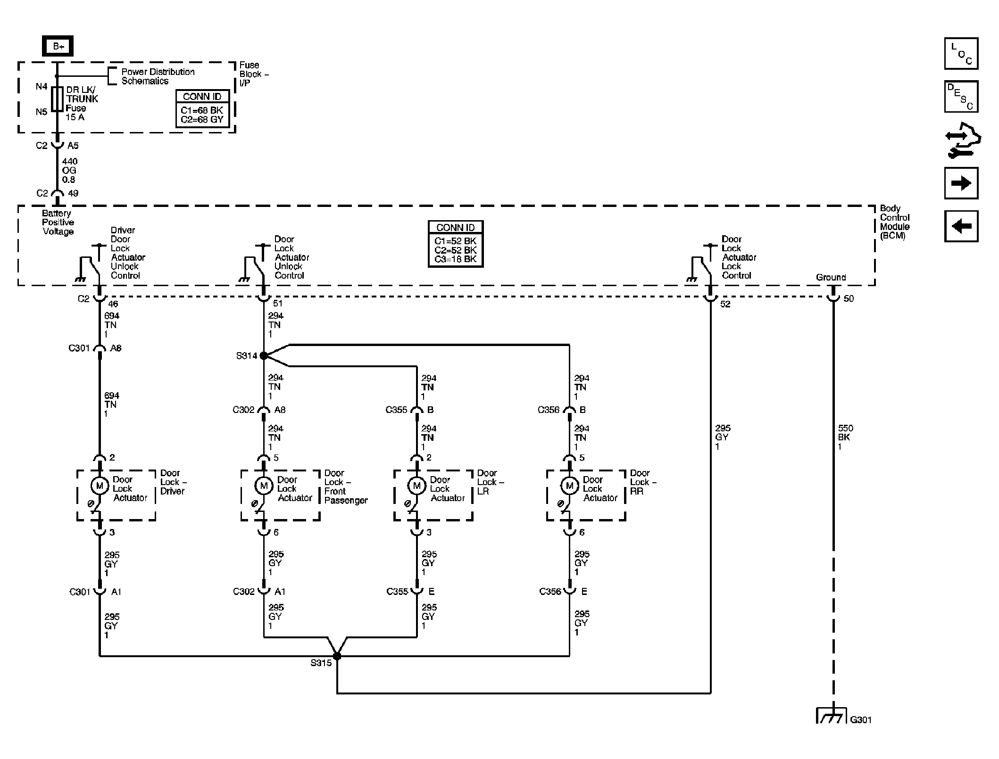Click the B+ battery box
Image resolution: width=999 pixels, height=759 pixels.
click(x=58, y=46)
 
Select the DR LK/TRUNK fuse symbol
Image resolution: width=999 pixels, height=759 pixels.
click(x=57, y=99)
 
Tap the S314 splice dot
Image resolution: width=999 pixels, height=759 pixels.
click(x=264, y=355)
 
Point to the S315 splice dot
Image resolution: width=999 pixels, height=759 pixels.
click(x=337, y=656)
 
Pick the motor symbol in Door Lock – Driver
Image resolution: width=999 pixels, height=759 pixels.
click(x=100, y=486)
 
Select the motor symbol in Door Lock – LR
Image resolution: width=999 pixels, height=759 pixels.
click(x=416, y=486)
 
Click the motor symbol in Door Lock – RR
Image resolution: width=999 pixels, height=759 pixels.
click(x=569, y=486)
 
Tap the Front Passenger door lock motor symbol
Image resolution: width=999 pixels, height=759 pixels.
click(x=264, y=486)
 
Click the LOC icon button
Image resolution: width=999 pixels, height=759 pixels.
click(x=961, y=54)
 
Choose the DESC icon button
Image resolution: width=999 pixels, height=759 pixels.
click(x=961, y=97)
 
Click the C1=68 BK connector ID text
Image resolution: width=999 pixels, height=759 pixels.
click(x=202, y=110)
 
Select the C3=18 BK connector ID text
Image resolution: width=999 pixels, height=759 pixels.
click(x=456, y=259)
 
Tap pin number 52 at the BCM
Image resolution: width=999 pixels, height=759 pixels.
click(x=725, y=304)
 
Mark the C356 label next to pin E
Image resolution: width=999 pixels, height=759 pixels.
click(x=550, y=591)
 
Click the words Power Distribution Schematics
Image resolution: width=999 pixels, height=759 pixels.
click(x=158, y=76)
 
